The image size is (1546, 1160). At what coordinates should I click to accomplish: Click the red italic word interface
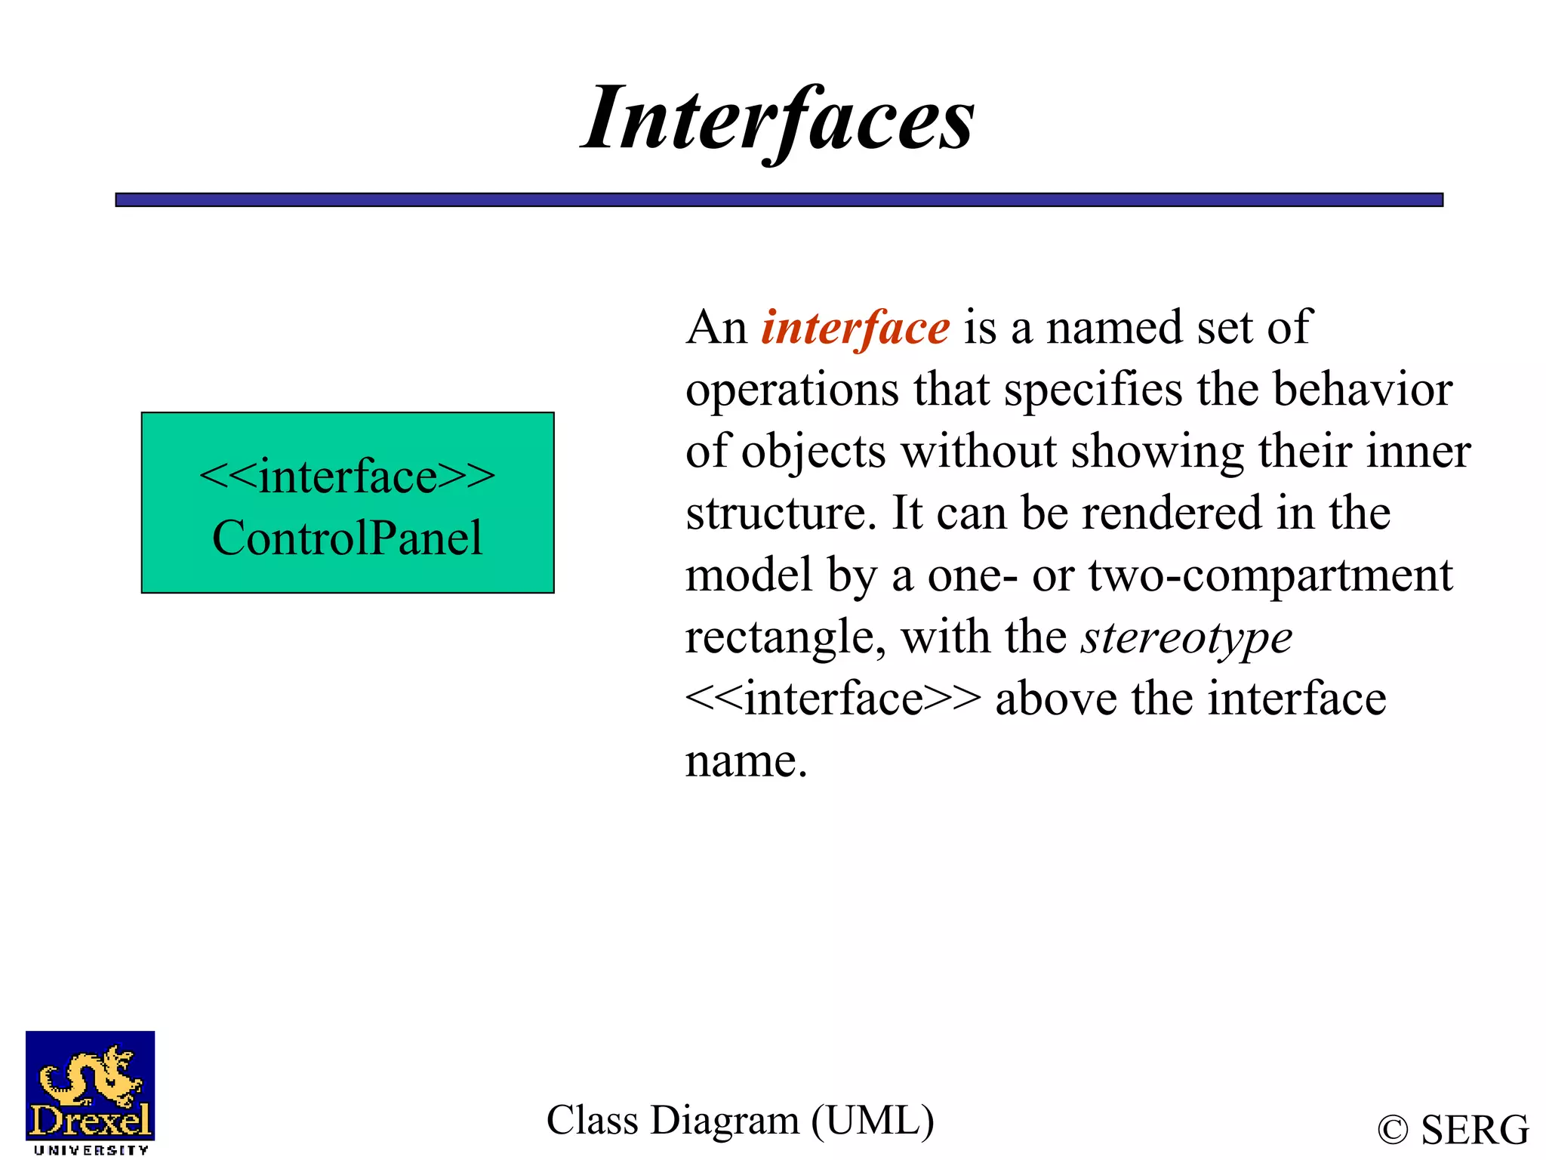pyautogui.click(x=855, y=329)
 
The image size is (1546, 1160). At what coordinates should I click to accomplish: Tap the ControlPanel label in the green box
pyautogui.click(x=347, y=538)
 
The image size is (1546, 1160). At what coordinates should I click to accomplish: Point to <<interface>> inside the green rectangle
pyautogui.click(x=347, y=477)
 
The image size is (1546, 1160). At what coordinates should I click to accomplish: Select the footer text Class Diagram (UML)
pyautogui.click(x=740, y=1120)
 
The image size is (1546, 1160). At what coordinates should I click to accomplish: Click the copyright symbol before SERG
pyautogui.click(x=1393, y=1131)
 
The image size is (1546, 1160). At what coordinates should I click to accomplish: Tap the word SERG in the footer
pyautogui.click(x=1475, y=1131)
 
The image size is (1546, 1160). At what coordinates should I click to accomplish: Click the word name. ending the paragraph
pyautogui.click(x=746, y=761)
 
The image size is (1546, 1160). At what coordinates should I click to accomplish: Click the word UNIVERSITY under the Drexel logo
pyautogui.click(x=91, y=1150)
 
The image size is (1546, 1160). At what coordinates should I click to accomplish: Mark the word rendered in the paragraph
pyautogui.click(x=1172, y=514)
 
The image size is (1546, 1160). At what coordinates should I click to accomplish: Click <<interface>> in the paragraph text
pyautogui.click(x=833, y=699)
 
